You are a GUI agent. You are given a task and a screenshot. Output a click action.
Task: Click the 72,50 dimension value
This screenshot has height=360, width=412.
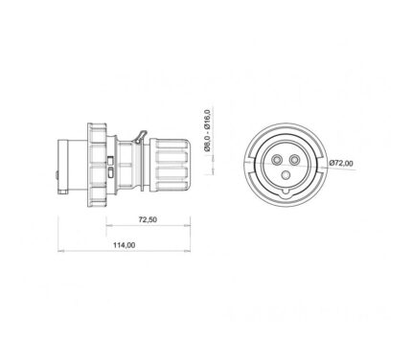pyautogui.click(x=148, y=219)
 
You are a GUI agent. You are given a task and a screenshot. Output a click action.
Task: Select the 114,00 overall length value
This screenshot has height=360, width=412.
pyautogui.click(x=124, y=245)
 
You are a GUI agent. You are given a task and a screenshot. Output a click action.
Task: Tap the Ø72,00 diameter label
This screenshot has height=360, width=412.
pyautogui.click(x=341, y=163)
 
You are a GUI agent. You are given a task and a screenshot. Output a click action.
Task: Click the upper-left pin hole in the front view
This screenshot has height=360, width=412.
pyautogui.click(x=276, y=159)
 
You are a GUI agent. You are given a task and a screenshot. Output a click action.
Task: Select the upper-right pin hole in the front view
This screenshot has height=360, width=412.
pyautogui.click(x=294, y=159)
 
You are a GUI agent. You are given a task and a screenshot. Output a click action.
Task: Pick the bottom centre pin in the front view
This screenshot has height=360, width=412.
pyautogui.click(x=286, y=174)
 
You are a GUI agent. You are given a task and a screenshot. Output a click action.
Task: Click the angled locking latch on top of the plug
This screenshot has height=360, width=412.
pyautogui.click(x=141, y=137)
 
